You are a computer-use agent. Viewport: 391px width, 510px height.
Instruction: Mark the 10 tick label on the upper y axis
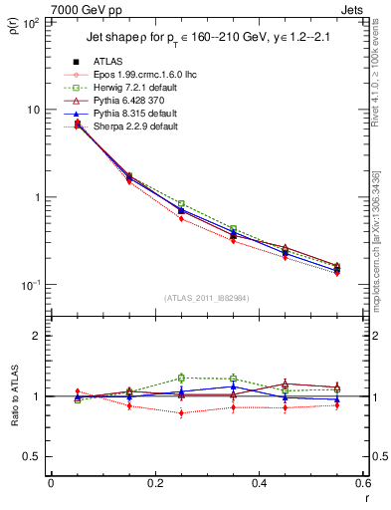pyautogui.click(x=32, y=109)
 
